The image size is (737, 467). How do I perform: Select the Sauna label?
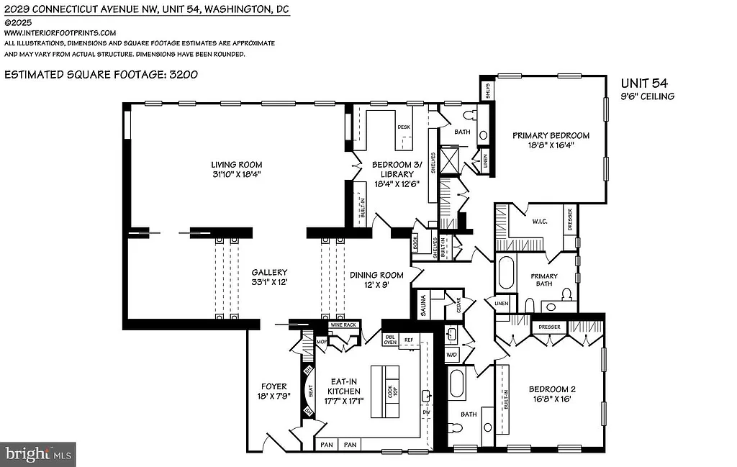tap(423, 305)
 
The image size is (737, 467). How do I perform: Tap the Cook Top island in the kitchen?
tap(392, 391)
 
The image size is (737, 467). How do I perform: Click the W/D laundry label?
tap(452, 355)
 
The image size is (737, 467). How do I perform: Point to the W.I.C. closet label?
tap(539, 221)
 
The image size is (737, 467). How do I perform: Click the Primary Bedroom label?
tap(551, 135)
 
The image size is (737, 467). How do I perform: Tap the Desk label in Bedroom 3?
tap(403, 127)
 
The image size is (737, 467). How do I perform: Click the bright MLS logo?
tap(38, 454)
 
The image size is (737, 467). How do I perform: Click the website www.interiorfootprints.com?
tap(60, 32)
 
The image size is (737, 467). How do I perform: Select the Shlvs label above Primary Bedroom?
tap(487, 89)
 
